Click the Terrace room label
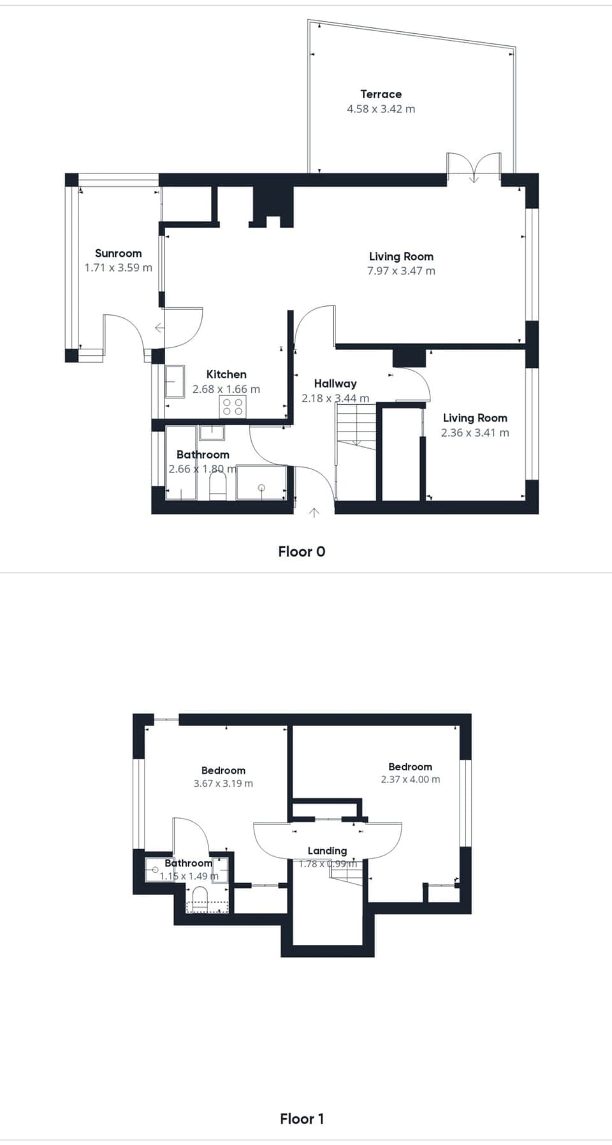click(381, 94)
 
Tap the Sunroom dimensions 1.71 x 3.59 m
click(119, 268)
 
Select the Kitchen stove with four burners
click(233, 407)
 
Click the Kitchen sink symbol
click(175, 381)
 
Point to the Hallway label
click(335, 383)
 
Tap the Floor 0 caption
click(302, 551)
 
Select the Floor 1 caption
click(302, 1118)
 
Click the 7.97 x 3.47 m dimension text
click(401, 271)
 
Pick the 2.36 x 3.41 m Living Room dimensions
click(475, 433)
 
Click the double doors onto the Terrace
click(474, 167)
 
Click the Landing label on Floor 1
click(327, 850)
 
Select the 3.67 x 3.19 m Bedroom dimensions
click(223, 784)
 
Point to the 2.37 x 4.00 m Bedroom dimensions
click(410, 779)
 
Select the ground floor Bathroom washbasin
click(212, 433)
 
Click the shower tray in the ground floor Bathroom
click(261, 483)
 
